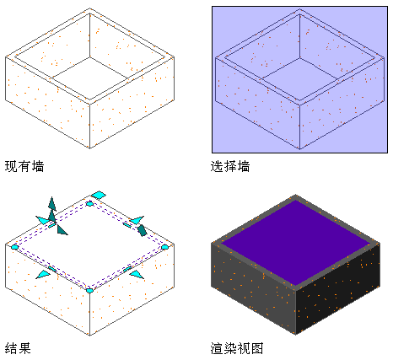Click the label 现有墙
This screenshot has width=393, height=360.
coord(24,166)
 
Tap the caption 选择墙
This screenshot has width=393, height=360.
coord(230,166)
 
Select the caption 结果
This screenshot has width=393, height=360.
coord(18,348)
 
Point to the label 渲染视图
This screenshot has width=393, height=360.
coord(237,348)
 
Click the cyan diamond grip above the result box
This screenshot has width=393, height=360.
coord(99,195)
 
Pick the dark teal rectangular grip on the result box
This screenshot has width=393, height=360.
coord(142,230)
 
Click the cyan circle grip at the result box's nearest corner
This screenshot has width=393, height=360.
coord(89,290)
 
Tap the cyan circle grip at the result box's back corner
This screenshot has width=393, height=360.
coord(89,203)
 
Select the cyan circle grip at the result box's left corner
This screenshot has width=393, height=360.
coord(15,247)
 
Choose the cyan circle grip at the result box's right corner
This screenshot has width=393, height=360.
coord(164,247)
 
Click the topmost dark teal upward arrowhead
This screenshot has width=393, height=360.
coord(52,203)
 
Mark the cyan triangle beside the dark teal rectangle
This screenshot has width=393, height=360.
coord(137,220)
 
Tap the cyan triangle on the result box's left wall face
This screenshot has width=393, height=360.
coord(43,275)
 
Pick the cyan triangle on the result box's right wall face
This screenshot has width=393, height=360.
coord(137,275)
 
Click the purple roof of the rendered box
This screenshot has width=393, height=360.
coord(296,242)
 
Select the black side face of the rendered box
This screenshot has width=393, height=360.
coord(338,288)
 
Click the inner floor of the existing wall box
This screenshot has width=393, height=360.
coord(90,78)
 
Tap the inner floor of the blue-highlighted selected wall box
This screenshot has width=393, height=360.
coord(300,78)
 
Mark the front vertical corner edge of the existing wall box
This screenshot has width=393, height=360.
coord(89,126)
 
